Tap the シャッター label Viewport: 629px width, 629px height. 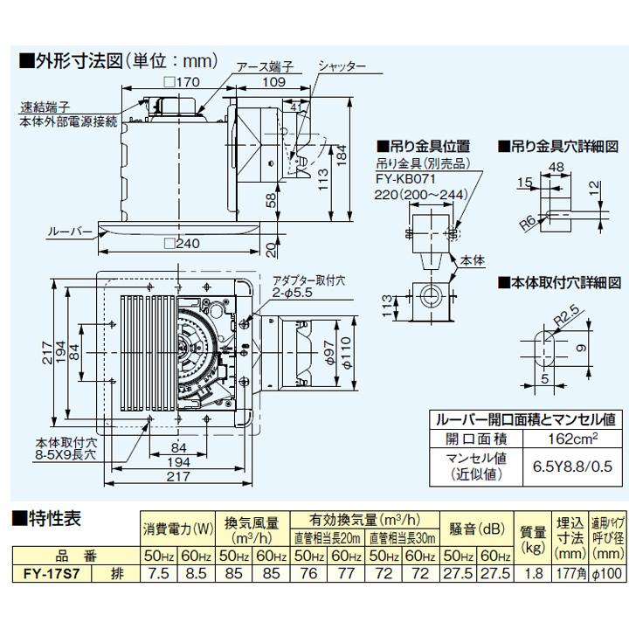(342, 66)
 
